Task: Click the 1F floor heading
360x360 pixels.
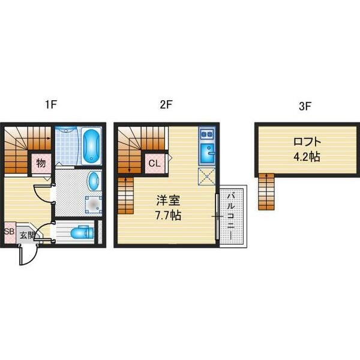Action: pyautogui.click(x=51, y=104)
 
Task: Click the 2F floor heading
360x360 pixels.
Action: pyautogui.click(x=166, y=104)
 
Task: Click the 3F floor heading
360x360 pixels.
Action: pyautogui.click(x=305, y=106)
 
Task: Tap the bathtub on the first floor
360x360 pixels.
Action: pyautogui.click(x=92, y=146)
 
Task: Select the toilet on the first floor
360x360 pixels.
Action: pyautogui.click(x=82, y=232)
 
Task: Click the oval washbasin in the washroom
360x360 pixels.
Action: pyautogui.click(x=94, y=181)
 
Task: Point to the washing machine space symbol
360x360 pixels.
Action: pyautogui.click(x=93, y=205)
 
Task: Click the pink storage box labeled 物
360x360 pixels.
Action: pyautogui.click(x=41, y=163)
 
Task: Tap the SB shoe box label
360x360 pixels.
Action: pyautogui.click(x=10, y=232)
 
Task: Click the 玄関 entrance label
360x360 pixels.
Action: pyautogui.click(x=27, y=235)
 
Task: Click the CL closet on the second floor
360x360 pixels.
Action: pyautogui.click(x=155, y=163)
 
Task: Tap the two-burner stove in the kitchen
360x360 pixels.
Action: pyautogui.click(x=207, y=134)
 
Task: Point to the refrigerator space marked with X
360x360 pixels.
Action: pyautogui.click(x=206, y=176)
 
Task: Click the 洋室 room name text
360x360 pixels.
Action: pyautogui.click(x=168, y=201)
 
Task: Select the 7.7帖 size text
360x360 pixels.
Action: pyautogui.click(x=168, y=215)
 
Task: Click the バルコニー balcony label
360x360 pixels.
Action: pyautogui.click(x=231, y=217)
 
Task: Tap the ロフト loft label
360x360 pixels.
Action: pyautogui.click(x=307, y=142)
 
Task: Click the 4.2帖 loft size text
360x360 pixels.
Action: pyautogui.click(x=307, y=157)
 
